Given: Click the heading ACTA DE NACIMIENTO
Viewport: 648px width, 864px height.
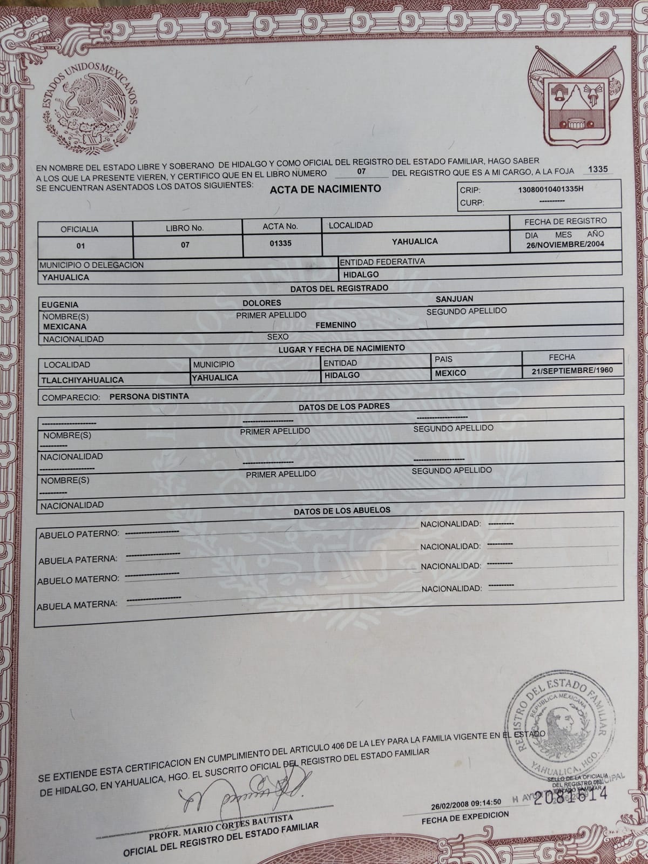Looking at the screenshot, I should tap(325, 188).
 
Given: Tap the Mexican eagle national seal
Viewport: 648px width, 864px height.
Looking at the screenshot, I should tap(91, 107).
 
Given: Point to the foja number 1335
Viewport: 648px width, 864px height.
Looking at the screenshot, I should tap(597, 169).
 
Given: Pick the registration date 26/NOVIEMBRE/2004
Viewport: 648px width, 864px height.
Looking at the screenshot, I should tap(565, 244).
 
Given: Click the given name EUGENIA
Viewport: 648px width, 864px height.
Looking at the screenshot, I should tap(60, 305).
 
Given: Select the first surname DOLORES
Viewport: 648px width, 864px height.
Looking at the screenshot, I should tap(261, 303).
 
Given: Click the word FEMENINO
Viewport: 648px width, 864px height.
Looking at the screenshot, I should tap(335, 325).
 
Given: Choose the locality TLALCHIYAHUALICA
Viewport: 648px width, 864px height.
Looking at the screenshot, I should tap(83, 380).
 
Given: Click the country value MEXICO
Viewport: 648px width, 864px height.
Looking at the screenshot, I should tap(450, 373).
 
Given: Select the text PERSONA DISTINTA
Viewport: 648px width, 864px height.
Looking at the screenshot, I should tap(149, 396).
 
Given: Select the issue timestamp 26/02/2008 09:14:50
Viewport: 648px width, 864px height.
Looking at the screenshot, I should tap(466, 802).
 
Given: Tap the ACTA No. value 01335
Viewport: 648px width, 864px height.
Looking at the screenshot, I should tap(280, 243).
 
